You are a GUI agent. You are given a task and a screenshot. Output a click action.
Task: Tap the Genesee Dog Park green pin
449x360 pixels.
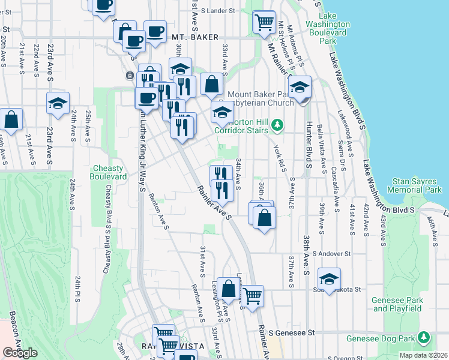click(x=424, y=337)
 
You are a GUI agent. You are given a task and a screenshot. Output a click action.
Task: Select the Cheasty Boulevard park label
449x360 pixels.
click(x=108, y=173)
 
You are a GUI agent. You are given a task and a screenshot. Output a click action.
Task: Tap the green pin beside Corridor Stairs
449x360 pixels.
click(x=277, y=125)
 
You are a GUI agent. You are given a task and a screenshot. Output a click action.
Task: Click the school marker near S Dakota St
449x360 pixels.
click(x=329, y=278)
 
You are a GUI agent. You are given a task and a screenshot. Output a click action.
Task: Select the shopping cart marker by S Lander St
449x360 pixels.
click(x=264, y=22)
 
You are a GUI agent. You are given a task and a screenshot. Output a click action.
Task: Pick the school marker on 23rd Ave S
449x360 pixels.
click(x=58, y=103)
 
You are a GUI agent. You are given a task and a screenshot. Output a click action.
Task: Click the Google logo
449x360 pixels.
click(x=20, y=353)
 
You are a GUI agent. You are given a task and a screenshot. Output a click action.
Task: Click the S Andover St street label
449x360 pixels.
click(x=330, y=254)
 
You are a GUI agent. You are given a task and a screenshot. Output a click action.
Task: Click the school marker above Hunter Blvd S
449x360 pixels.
click(x=300, y=87)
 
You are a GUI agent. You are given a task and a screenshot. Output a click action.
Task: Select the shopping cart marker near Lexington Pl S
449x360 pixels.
click(x=252, y=295)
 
